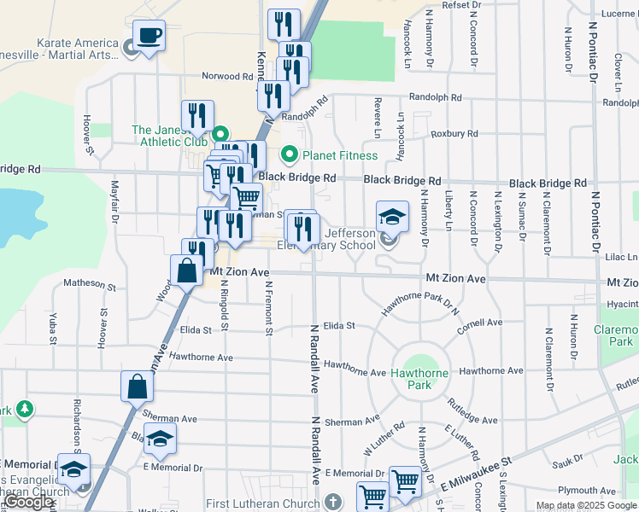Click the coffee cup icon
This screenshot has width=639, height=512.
pos(149,36)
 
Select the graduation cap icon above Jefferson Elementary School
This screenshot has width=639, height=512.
pos(392,216)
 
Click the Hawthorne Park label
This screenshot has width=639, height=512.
pos(419,374)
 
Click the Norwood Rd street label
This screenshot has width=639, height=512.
pos(228,76)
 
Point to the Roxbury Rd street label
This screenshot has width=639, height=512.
pos(454,134)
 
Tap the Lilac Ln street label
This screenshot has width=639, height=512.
pos(621,256)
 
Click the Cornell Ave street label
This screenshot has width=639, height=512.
pos(480,323)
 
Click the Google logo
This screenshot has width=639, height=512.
pos(30,502)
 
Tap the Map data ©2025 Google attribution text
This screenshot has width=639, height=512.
pos(586,505)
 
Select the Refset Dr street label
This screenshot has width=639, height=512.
pos(462,5)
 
